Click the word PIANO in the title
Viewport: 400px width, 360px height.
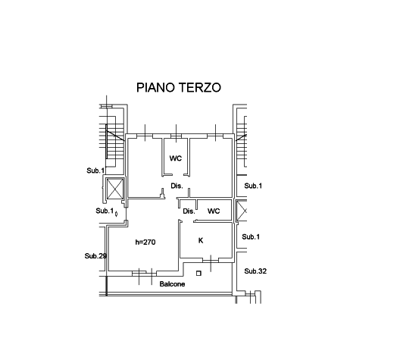coord(156,87)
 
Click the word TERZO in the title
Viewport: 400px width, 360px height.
coord(200,87)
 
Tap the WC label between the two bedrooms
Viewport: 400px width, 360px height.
coord(176,158)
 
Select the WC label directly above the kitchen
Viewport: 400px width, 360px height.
coord(214,211)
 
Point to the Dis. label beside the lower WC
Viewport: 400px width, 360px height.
coord(189,211)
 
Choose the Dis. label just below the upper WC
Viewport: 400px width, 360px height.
coord(177,186)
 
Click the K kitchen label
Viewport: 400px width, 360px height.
coord(201,240)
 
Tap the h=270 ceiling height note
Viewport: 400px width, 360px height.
coord(145,242)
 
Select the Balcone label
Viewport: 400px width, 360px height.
coord(172,284)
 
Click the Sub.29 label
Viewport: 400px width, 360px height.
coord(95,255)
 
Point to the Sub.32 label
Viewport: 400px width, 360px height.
coord(255,271)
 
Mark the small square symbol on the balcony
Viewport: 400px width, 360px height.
coord(198,274)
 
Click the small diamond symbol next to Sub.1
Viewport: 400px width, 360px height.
coord(117,214)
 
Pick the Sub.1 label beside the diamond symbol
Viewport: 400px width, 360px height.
coord(105,211)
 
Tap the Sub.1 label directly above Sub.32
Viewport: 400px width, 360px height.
coord(251,236)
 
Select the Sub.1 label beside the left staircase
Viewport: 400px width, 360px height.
coord(95,171)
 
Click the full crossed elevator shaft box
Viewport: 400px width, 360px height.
coord(114,189)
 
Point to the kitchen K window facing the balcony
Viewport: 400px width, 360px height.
coord(211,260)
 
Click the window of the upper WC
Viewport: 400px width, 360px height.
coord(176,136)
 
